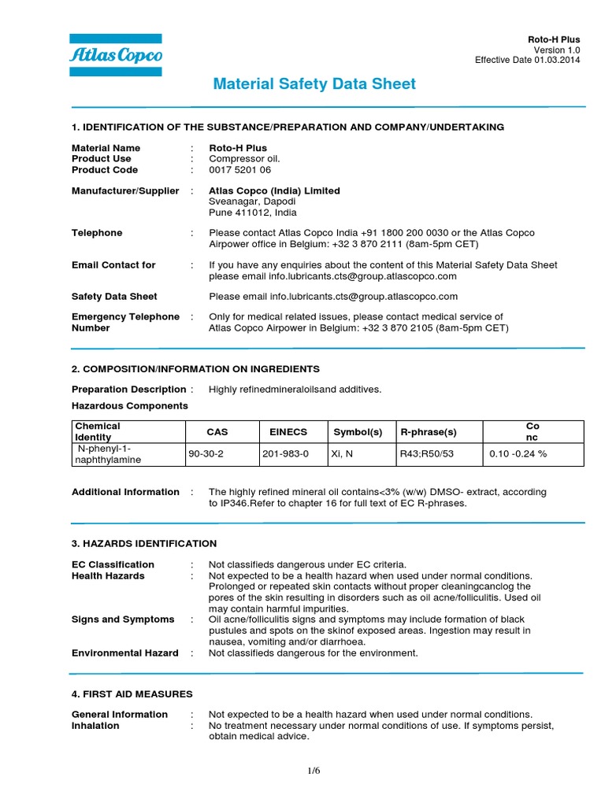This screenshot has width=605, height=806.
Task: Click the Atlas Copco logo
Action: pos(116,55)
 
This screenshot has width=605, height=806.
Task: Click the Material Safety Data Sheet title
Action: pos(314,84)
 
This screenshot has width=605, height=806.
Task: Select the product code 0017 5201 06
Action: pos(239,170)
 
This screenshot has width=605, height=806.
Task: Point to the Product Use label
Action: pos(102,159)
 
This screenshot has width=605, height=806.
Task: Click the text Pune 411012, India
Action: pos(253,213)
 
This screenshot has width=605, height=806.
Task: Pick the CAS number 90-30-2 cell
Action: pos(204,454)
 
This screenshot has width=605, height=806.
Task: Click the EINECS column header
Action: pos(288,432)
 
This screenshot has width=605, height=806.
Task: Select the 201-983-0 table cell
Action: pos(289,454)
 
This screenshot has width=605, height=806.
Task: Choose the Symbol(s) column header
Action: pos(358,432)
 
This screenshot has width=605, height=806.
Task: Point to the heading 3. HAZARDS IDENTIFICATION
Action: pos(144,544)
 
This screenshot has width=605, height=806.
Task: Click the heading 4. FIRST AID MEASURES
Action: pos(132,693)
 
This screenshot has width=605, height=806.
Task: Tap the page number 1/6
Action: pos(314,771)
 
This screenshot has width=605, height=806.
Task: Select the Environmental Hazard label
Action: pos(125,653)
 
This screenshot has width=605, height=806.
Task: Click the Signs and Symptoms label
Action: pos(123,619)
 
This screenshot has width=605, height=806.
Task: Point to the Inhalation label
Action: pos(95,726)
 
